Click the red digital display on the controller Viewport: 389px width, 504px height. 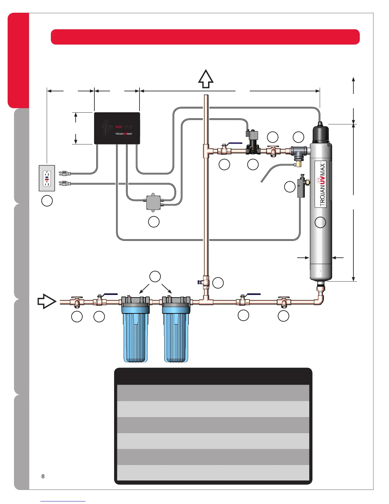click(x=119, y=127)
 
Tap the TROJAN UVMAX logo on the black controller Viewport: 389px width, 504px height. click(x=123, y=134)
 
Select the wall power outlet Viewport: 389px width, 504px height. click(x=47, y=178)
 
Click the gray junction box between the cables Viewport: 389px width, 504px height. click(x=154, y=202)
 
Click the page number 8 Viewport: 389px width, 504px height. click(x=43, y=476)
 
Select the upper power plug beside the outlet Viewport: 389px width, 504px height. click(x=65, y=173)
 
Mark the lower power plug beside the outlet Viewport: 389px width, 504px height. click(x=65, y=184)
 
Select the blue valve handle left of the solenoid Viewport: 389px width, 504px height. click(x=235, y=144)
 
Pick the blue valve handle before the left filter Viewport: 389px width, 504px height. click(x=110, y=295)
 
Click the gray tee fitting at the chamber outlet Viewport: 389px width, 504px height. click(x=299, y=151)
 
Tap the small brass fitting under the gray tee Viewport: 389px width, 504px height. click(x=298, y=164)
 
